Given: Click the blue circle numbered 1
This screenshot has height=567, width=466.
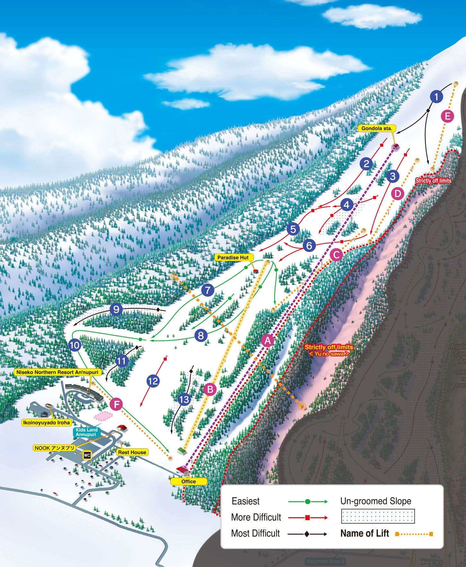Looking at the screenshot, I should pyautogui.click(x=436, y=96).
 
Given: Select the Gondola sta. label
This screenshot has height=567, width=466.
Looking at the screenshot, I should pyautogui.click(x=377, y=128).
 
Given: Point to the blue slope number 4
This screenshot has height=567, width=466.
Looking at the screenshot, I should pyautogui.click(x=346, y=205).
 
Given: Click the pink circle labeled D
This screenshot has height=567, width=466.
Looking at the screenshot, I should pyautogui.click(x=398, y=194).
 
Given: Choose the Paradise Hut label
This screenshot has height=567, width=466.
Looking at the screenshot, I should pyautogui.click(x=233, y=257).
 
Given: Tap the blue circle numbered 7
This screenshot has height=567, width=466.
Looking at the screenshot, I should pyautogui.click(x=208, y=290).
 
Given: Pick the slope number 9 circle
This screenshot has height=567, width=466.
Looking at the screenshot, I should pyautogui.click(x=116, y=310).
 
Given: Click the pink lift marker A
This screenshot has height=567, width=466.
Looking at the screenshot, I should pyautogui.click(x=268, y=340).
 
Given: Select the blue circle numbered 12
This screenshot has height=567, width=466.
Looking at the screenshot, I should pyautogui.click(x=153, y=381).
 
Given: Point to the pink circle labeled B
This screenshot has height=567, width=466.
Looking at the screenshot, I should pyautogui.click(x=210, y=390).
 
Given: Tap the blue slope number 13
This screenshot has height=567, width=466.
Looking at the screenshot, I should pyautogui.click(x=184, y=400).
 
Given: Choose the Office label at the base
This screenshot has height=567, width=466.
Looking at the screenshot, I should pyautogui.click(x=188, y=481).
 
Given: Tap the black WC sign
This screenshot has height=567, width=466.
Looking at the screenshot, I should pyautogui.click(x=87, y=455).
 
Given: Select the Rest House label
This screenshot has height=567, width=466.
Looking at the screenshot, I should pyautogui.click(x=132, y=452).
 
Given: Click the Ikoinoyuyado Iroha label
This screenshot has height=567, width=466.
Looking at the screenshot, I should pyautogui.click(x=46, y=423).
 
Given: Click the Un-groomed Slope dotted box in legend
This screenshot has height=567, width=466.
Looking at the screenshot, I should pyautogui.click(x=378, y=516).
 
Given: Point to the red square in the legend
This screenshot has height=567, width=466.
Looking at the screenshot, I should pyautogui.click(x=307, y=517).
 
